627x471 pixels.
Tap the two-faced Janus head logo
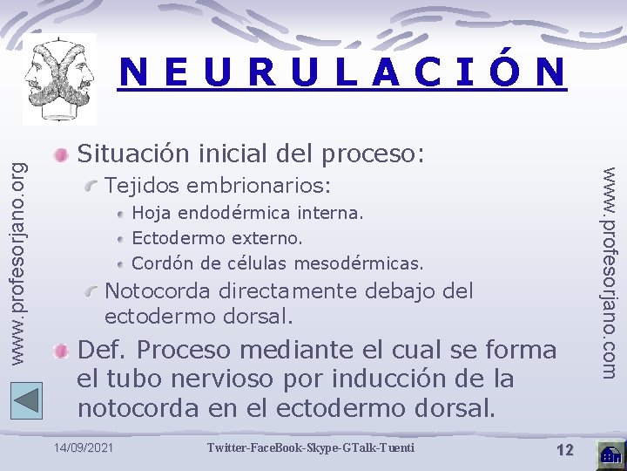59,79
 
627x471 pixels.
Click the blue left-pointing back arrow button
27,399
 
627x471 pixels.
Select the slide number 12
564,449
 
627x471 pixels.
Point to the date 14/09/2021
83,448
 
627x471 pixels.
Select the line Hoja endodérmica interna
247,212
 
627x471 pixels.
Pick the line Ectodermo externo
217,237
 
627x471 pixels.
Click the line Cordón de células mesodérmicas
277,263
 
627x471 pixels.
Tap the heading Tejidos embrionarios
218,186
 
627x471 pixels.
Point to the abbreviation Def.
103,350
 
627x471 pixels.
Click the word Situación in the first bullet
131,154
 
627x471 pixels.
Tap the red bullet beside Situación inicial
60,155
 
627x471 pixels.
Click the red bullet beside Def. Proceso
60,352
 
